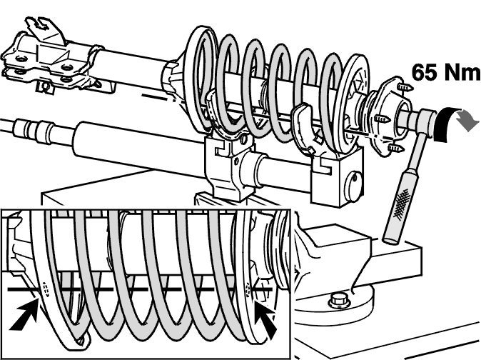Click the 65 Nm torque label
(446, 72)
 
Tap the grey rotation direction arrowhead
(467, 121)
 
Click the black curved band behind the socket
(443, 124)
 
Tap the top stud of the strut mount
(404, 87)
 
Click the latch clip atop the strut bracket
(44, 28)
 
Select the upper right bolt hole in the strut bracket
(66, 67)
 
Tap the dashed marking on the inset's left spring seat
(46, 289)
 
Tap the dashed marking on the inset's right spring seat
(248, 290)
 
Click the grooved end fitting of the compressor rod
(34, 127)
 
